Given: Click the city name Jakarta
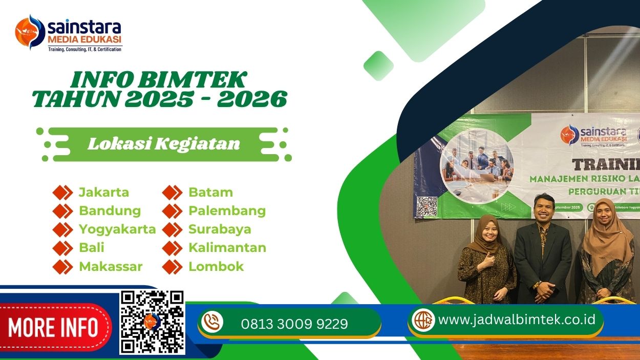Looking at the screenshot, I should click(103, 193).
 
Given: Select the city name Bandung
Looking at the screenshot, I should click(110, 211).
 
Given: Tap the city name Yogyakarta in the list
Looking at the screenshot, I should click(117, 229).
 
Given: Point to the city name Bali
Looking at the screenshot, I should click(92, 248).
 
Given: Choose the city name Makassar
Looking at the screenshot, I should click(111, 266).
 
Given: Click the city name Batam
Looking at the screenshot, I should click(210, 193).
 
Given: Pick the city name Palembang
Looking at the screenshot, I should click(227, 211).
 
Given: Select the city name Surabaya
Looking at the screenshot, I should click(220, 229).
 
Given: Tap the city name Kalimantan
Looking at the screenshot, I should click(227, 248).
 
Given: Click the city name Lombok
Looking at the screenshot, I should click(216, 266).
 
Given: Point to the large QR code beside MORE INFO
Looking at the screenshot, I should click(152, 322).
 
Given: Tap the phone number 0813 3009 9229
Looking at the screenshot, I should click(294, 324).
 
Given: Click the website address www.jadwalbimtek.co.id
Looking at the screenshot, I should click(517, 320).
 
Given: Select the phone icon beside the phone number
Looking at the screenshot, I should click(212, 322).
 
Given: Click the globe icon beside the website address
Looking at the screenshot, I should click(423, 320).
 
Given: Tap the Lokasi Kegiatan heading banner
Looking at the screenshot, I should click(164, 144).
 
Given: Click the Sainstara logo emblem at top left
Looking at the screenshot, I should click(30, 32).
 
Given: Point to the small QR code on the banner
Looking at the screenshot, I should click(426, 206).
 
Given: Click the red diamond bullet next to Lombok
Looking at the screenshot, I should click(172, 267).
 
